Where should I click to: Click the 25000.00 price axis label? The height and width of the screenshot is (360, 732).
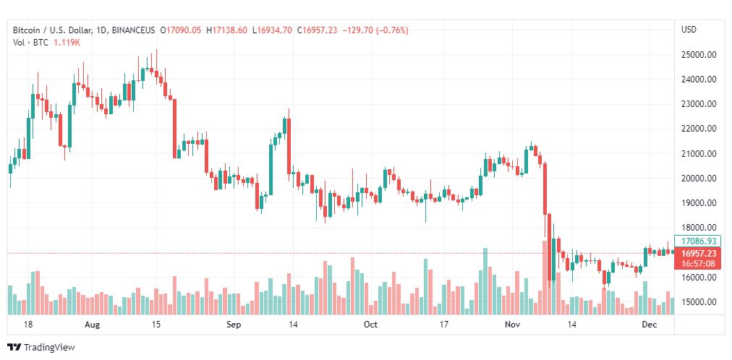point(698,54)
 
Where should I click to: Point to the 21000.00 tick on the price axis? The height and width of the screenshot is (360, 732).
point(698,153)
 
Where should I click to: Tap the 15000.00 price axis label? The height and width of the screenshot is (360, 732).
point(698,301)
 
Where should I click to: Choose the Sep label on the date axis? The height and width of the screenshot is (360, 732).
point(233,325)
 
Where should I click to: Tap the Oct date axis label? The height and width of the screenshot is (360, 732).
point(370,325)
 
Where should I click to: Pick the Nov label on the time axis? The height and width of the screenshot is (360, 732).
point(511,325)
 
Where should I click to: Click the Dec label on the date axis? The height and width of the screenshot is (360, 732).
point(648,325)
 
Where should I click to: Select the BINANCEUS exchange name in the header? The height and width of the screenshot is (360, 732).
point(135,30)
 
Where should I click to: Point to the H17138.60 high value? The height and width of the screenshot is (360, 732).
point(226,30)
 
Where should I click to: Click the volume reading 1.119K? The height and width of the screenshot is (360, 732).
point(67,43)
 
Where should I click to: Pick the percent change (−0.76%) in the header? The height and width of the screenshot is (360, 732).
point(389,30)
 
